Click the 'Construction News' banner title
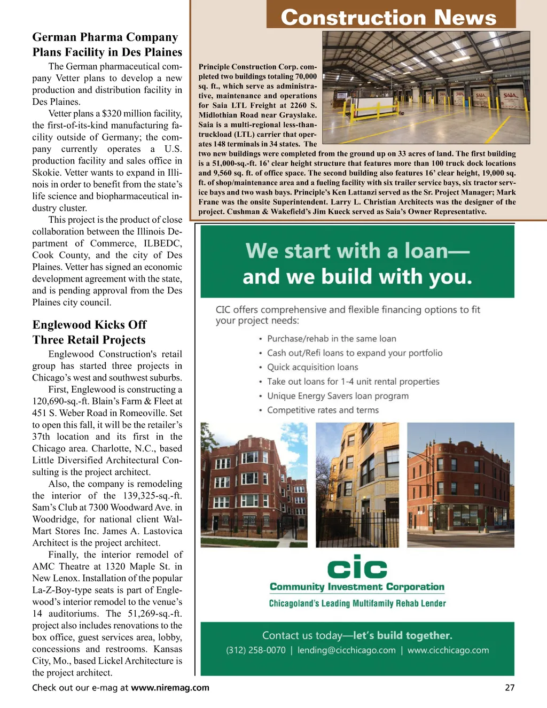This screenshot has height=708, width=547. tap(388, 17)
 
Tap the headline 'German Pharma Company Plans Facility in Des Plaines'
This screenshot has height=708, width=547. tap(107, 45)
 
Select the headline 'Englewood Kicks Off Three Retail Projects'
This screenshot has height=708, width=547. tap(89, 332)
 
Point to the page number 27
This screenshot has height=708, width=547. tap(510, 688)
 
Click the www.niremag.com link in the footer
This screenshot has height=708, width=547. tap(170, 688)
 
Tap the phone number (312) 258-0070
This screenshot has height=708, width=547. tap(255, 650)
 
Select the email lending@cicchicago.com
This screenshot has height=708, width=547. tap(346, 650)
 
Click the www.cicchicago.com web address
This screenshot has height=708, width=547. tap(448, 650)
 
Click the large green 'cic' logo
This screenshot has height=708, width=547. tap(357, 568)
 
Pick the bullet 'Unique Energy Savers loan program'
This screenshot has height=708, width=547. tap(338, 396)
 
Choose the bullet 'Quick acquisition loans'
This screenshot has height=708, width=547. tap(312, 367)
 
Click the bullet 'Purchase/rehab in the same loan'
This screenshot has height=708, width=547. tap(331, 339)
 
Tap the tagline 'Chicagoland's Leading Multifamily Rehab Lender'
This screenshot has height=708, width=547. tap(357, 603)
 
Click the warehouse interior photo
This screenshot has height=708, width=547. tap(426, 87)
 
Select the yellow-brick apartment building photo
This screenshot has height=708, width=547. tap(357, 485)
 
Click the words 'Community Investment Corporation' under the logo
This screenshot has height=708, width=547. tap(357, 587)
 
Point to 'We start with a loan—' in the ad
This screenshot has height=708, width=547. tap(357, 251)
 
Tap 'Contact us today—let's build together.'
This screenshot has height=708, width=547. tap(357, 635)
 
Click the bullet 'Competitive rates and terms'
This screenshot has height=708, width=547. tap(323, 410)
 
